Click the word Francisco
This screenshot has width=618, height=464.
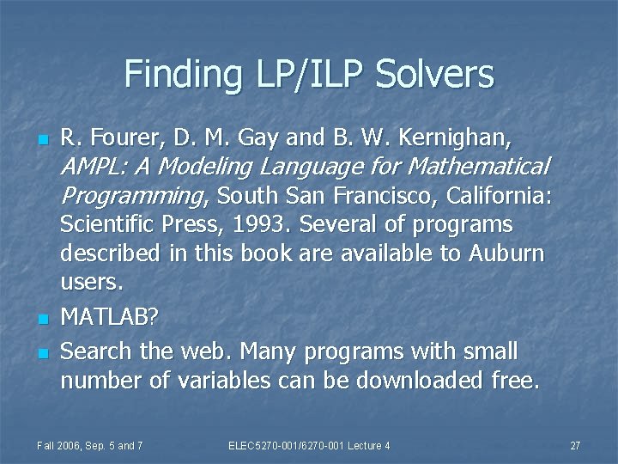coord(385,196)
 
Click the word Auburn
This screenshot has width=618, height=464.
coord(507,253)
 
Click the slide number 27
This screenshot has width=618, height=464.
coord(575,445)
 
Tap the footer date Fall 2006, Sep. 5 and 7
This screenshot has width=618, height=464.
coord(90,445)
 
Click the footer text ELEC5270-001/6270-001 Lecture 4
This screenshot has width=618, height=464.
coord(310,445)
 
